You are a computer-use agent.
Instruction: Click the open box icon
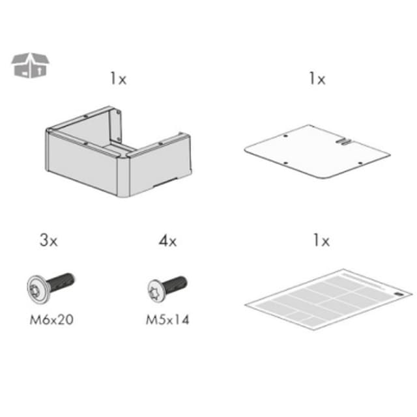click(x=30, y=65)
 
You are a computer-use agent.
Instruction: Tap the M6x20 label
click(x=51, y=320)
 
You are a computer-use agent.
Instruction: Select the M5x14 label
click(x=167, y=320)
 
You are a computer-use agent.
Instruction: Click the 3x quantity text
click(x=49, y=240)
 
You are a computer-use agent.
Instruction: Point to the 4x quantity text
click(x=168, y=241)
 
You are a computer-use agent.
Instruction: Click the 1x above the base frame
click(x=119, y=79)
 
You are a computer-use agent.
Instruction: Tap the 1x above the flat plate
click(x=317, y=79)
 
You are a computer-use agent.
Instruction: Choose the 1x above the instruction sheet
click(x=321, y=240)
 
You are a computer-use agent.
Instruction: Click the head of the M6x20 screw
click(x=38, y=289)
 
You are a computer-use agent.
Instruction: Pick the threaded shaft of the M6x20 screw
click(x=61, y=283)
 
